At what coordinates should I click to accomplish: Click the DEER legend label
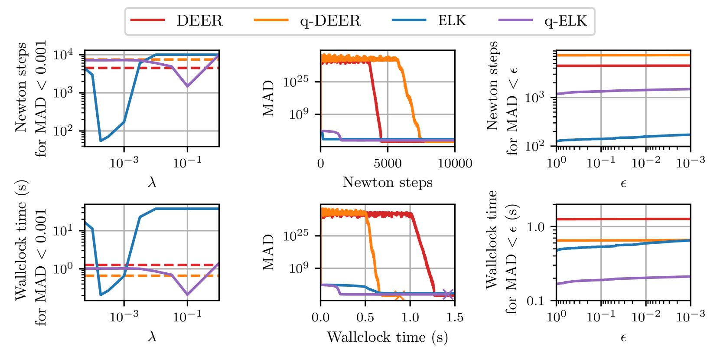[199, 21]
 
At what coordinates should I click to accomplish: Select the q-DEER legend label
[330, 21]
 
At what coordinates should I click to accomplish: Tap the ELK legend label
[452, 21]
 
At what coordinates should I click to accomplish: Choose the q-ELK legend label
[565, 21]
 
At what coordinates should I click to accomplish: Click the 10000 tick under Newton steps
[455, 164]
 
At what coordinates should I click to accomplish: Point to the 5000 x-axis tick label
[388, 164]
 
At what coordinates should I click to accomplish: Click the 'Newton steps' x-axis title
[388, 183]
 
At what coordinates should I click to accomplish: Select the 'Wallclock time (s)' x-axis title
[388, 337]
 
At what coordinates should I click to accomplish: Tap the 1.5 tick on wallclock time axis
[455, 317]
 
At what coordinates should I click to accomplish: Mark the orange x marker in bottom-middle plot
[399, 296]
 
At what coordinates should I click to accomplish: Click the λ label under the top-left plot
[152, 183]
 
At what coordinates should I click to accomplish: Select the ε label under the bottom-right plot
[623, 337]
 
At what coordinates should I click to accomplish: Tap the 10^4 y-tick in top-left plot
[63, 55]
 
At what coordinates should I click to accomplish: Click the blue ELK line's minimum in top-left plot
[101, 141]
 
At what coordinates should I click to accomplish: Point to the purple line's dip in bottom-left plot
[187, 295]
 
